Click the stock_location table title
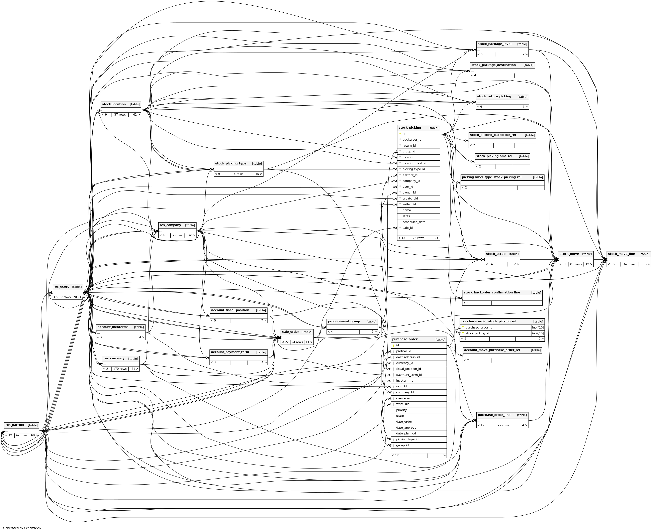point(114,104)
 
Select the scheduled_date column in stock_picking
point(414,222)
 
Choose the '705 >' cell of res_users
point(77,297)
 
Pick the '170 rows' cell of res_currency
point(120,369)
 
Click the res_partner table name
point(15,425)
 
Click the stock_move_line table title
point(621,254)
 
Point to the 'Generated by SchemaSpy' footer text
point(22,528)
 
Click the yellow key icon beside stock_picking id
point(400,134)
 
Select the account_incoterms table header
point(113,327)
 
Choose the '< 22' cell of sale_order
point(285,342)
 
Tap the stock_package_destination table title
point(493,65)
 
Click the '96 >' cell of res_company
point(192,235)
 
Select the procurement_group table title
point(344,321)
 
